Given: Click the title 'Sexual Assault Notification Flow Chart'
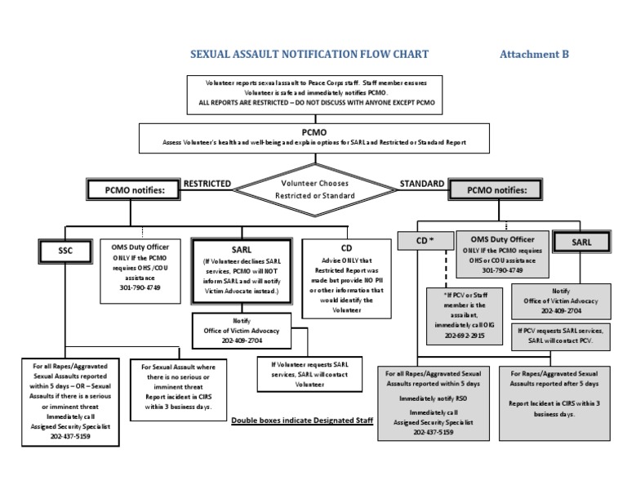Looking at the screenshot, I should click(x=309, y=55).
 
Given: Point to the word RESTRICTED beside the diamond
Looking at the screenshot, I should click(x=207, y=184).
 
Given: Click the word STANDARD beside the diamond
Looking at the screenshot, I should click(x=422, y=184).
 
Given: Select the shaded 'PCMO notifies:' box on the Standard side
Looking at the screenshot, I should click(x=497, y=190).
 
